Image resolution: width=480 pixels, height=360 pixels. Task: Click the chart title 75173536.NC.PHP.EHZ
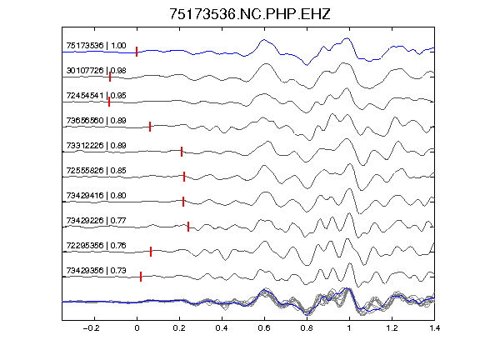(250, 14)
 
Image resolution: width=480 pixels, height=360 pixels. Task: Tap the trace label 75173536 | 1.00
(96, 46)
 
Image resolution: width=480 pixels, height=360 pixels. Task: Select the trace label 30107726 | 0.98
(96, 71)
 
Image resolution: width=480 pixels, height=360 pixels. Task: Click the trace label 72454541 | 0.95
(96, 96)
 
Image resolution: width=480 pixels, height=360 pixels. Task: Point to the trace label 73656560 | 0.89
(96, 121)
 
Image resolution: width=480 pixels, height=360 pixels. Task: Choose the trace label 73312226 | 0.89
(96, 145)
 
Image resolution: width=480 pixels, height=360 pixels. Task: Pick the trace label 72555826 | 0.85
(96, 171)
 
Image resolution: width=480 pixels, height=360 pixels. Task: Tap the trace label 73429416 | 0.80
(96, 196)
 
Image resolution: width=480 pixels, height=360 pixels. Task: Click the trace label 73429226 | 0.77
(96, 221)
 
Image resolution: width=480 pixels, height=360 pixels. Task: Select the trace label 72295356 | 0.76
(96, 246)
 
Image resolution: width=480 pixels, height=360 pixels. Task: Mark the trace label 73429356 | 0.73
(96, 271)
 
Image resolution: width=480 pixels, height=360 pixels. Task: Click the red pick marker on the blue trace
(137, 52)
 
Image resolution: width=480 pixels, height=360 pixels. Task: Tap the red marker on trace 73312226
(182, 152)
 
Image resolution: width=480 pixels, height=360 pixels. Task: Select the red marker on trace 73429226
(188, 227)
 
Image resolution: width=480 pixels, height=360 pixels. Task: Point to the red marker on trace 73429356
(141, 277)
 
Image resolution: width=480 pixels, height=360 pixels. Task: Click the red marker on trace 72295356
(151, 252)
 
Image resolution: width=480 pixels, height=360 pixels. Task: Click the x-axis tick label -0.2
(91, 328)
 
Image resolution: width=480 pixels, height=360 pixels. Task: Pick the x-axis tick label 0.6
(264, 328)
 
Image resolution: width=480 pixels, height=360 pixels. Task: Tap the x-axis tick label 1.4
(435, 328)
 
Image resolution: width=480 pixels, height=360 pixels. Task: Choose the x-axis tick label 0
(137, 328)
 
